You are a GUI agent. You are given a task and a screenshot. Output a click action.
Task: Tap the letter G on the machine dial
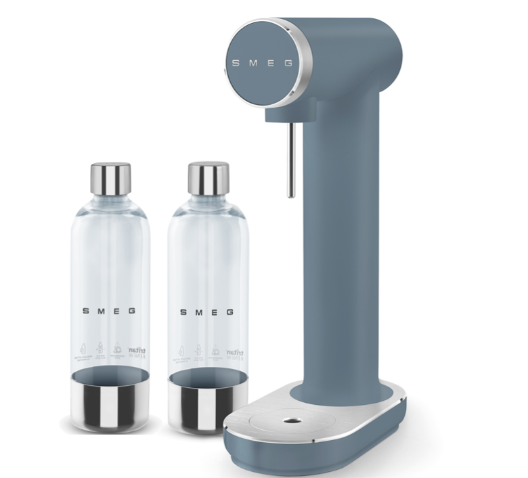point(289,63)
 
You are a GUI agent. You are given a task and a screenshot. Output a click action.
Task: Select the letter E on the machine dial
point(271,63)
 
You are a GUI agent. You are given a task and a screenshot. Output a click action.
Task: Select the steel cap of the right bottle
point(208,178)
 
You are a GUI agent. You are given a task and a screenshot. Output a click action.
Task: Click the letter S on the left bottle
point(85,311)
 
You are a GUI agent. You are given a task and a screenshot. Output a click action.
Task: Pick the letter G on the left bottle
point(133,311)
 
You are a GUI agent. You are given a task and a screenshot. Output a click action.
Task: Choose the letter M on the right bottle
point(198,312)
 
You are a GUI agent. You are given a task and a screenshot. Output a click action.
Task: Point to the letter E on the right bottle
point(214,312)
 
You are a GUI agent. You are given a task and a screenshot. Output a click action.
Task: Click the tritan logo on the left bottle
point(138,351)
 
